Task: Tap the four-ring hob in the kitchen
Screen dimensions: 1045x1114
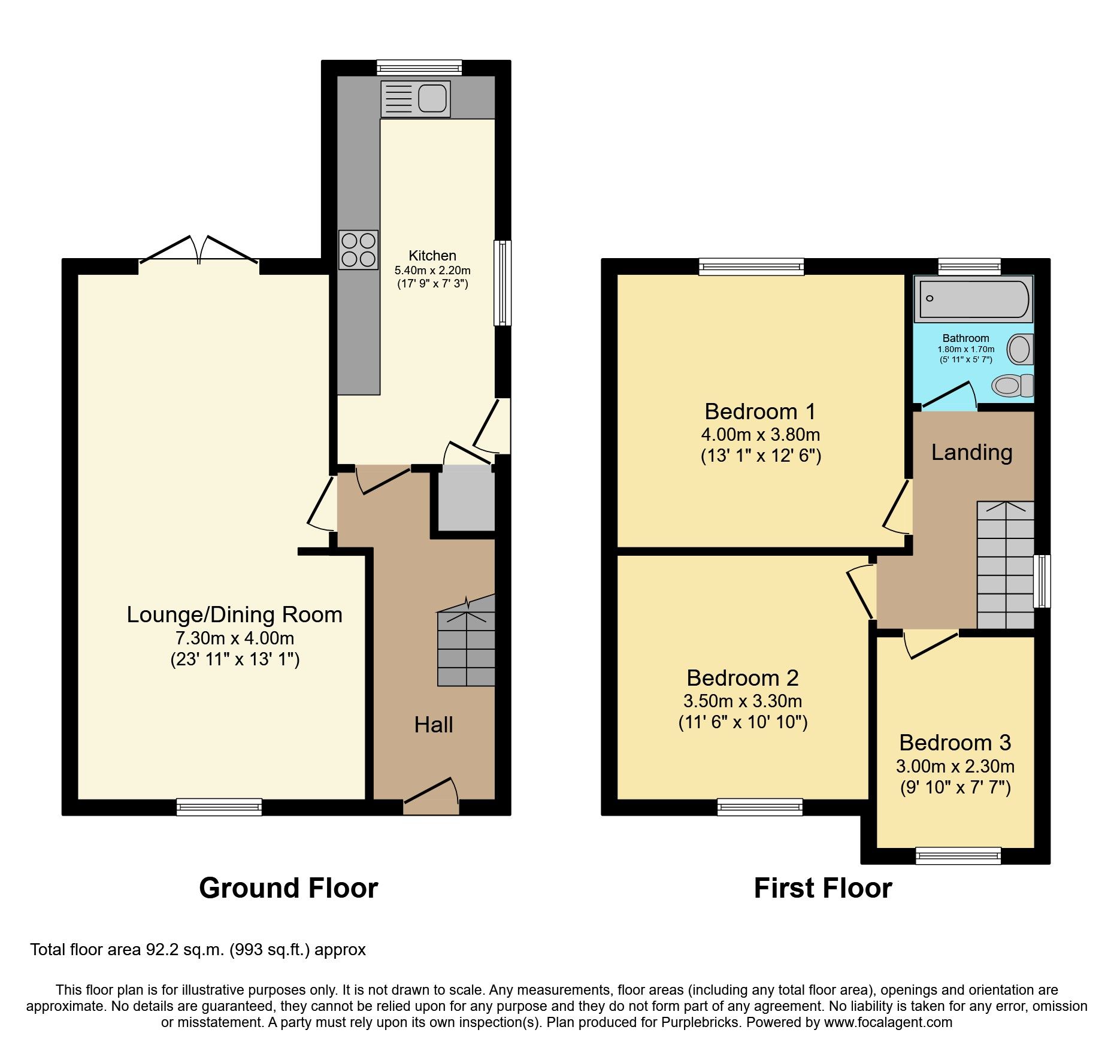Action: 358,250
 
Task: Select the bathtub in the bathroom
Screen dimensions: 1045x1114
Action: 973,299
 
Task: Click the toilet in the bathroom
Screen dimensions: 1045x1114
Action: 1013,385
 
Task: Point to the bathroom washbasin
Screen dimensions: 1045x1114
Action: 1020,349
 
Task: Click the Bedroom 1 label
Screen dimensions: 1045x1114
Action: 760,412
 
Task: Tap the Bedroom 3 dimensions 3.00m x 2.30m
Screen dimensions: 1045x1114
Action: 955,766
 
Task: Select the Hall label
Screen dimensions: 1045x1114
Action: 434,725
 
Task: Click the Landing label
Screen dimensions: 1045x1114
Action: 971,453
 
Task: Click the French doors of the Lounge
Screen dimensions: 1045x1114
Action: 199,252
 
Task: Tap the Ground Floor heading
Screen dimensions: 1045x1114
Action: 288,888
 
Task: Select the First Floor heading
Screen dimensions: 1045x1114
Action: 822,888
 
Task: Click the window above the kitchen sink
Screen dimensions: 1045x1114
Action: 419,68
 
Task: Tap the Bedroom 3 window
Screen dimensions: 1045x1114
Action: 958,856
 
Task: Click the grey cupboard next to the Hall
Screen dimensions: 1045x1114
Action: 466,499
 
